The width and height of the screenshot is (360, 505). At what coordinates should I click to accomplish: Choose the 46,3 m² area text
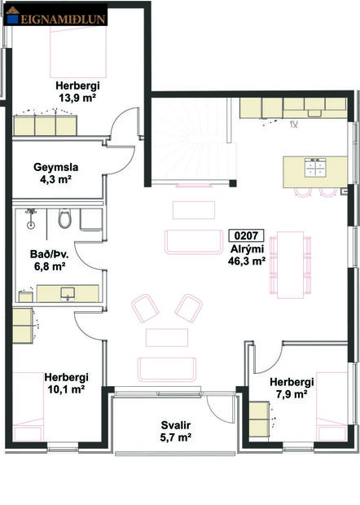pyautogui.click(x=249, y=262)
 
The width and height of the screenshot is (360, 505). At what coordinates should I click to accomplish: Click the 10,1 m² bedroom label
pyautogui.click(x=66, y=389)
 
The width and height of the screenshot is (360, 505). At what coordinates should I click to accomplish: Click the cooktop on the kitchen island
pyautogui.click(x=316, y=167)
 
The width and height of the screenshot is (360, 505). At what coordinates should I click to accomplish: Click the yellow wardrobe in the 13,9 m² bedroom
pyautogui.click(x=45, y=124)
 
